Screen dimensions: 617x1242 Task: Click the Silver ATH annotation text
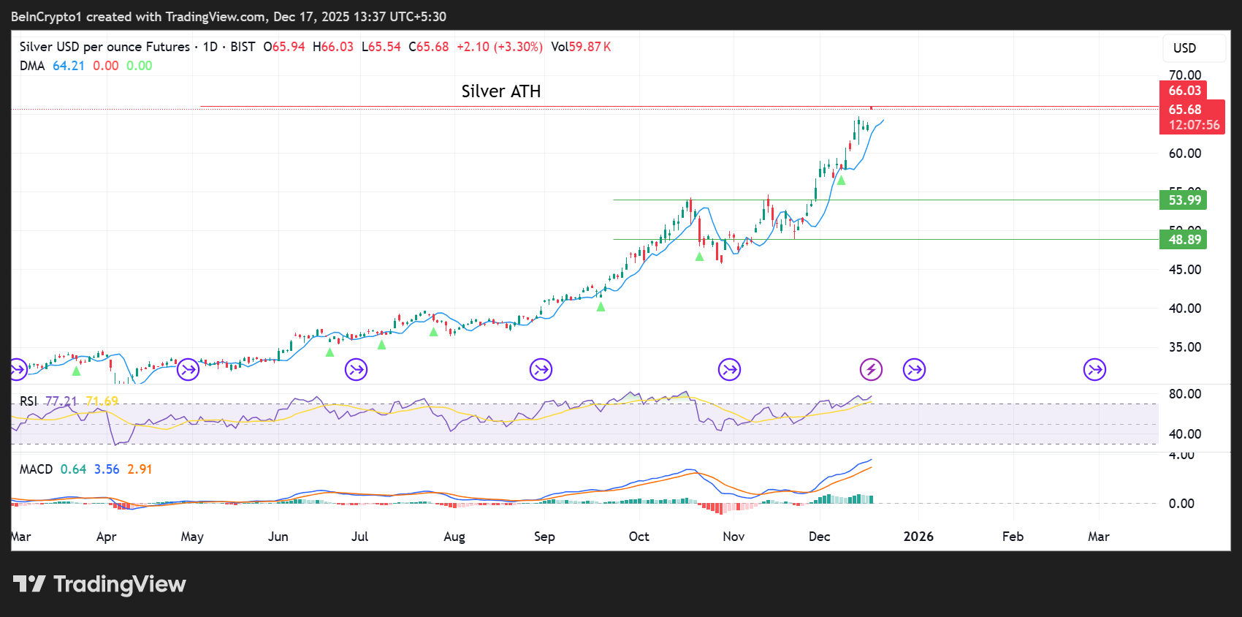pos(501,91)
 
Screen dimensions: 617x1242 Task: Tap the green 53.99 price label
pos(1183,200)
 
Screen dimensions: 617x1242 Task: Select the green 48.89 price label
pos(1183,240)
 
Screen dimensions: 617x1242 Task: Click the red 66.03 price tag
pos(1184,91)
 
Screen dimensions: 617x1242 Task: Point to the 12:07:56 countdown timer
pos(1194,125)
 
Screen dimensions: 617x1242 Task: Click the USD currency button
pos(1184,48)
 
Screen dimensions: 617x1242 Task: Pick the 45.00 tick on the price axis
pos(1184,270)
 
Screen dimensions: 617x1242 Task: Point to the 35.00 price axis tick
pos(1184,347)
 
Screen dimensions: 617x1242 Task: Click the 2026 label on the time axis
pos(918,537)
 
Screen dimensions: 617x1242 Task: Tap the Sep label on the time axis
pos(544,537)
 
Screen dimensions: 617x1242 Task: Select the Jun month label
pos(278,537)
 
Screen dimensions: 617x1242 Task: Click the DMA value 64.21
pos(69,66)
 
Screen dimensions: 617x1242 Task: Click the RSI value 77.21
pos(61,401)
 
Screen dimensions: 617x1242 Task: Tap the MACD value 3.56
pos(107,469)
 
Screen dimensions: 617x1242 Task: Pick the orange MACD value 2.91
pos(140,469)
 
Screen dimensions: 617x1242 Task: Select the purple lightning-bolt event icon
pos(871,370)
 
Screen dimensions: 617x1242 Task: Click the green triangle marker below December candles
pos(841,180)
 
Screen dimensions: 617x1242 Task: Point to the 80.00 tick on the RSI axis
pos(1184,394)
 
